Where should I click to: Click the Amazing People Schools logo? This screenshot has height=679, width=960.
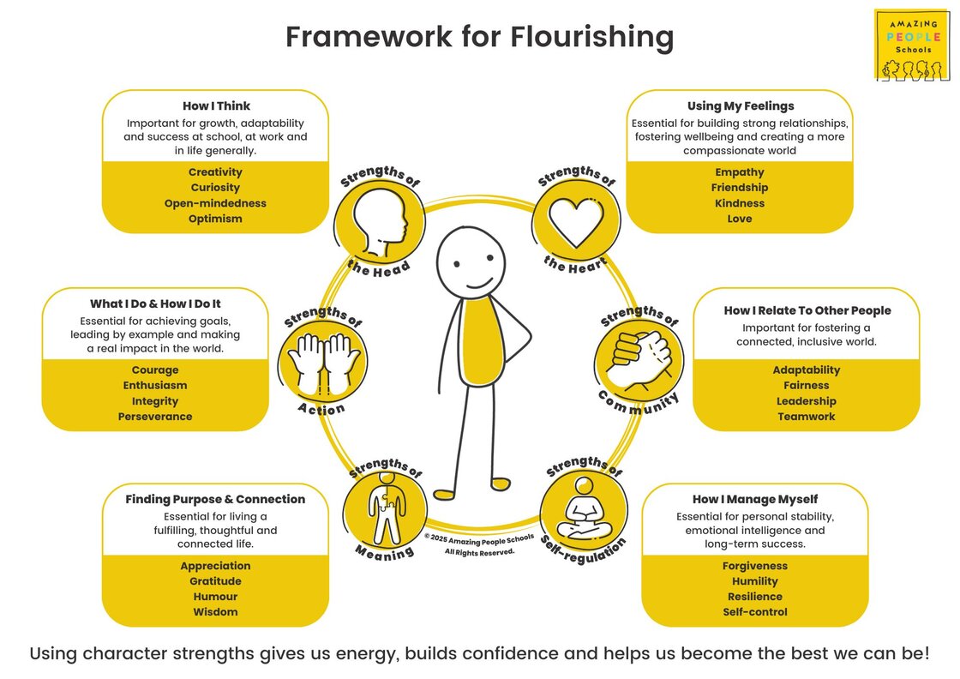[x=911, y=45]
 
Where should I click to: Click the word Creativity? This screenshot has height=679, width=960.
[x=215, y=172]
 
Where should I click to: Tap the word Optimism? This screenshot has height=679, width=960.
[x=215, y=219]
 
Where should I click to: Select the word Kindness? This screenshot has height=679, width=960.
[x=740, y=203]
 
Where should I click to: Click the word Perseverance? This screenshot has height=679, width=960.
[x=155, y=417]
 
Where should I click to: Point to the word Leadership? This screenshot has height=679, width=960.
[x=807, y=401]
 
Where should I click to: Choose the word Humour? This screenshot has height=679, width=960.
[x=215, y=597]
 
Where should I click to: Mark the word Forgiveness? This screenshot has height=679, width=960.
[x=755, y=566]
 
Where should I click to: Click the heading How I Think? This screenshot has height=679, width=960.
[x=216, y=106]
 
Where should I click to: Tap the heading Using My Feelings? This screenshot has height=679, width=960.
[x=741, y=106]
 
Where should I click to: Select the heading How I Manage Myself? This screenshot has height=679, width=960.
[x=755, y=499]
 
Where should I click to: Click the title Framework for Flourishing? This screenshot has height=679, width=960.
[x=479, y=38]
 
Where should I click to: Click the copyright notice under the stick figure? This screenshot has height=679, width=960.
[x=479, y=544]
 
